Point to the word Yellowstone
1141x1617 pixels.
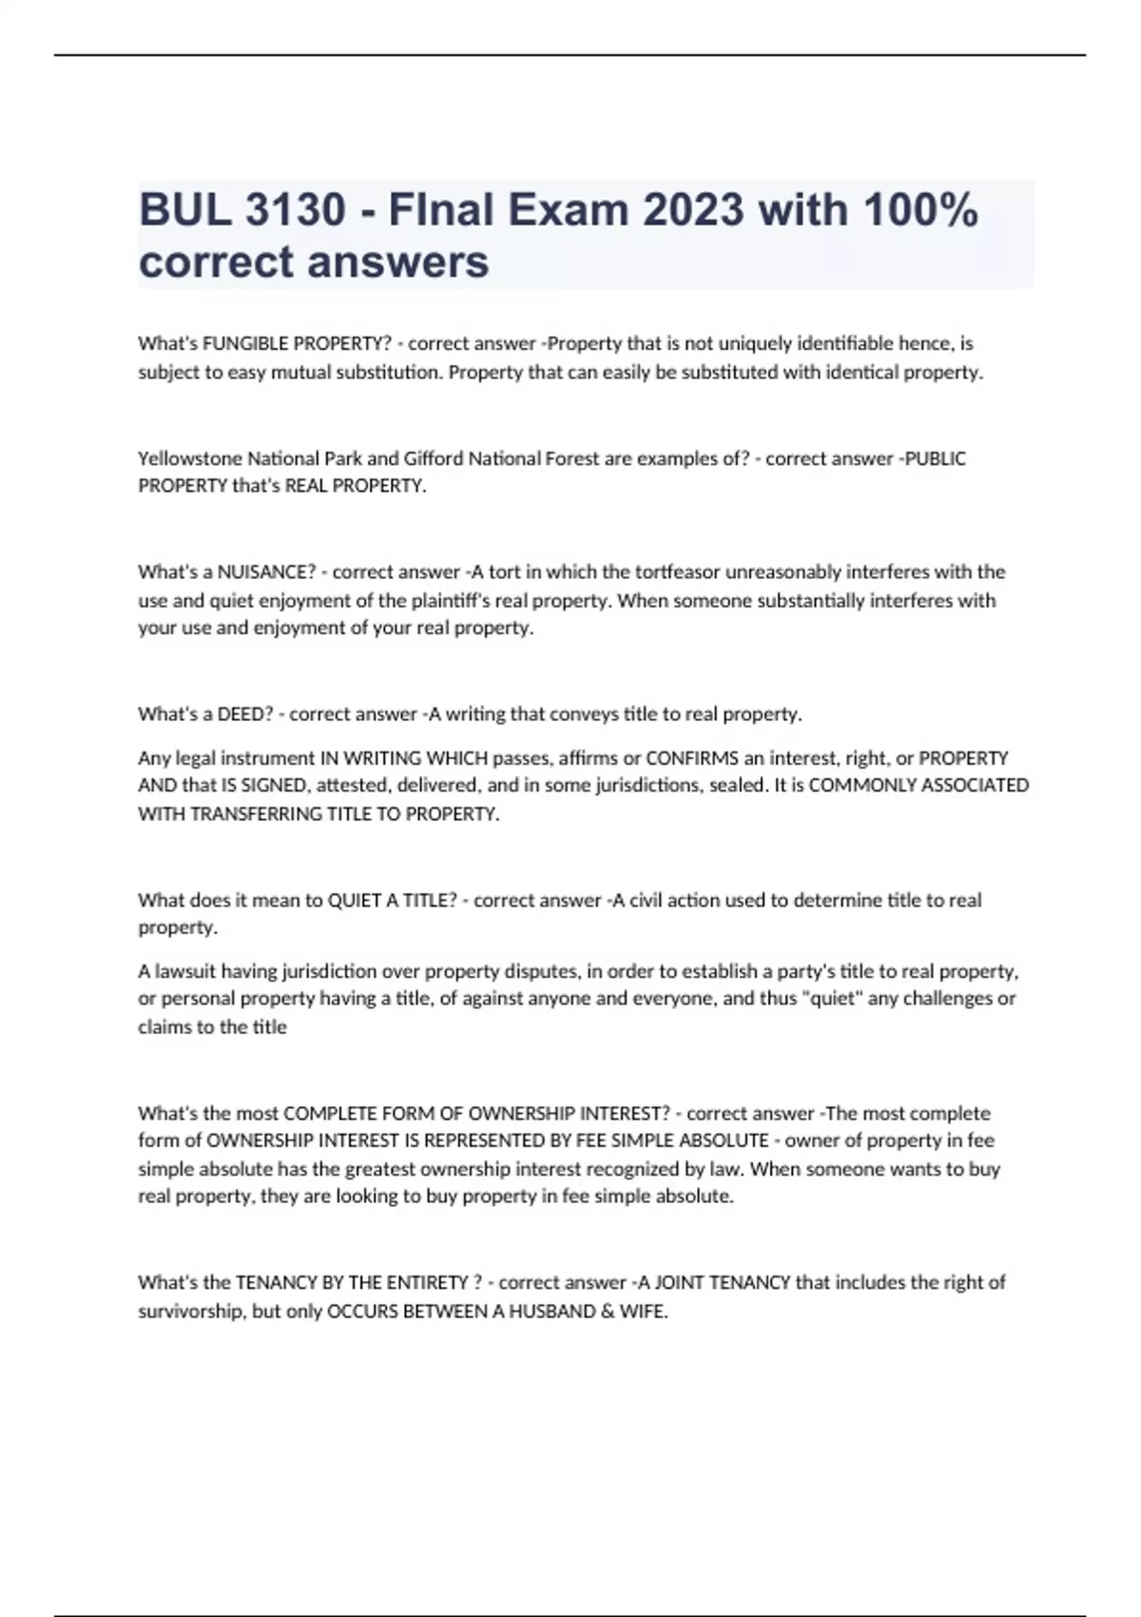click(x=190, y=458)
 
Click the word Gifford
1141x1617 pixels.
click(x=434, y=458)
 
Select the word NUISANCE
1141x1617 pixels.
click(x=266, y=573)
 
